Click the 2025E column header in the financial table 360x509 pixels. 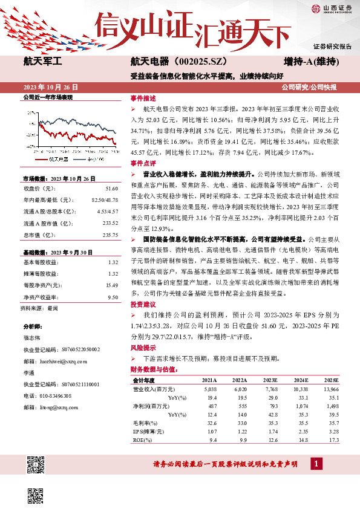(331, 380)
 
